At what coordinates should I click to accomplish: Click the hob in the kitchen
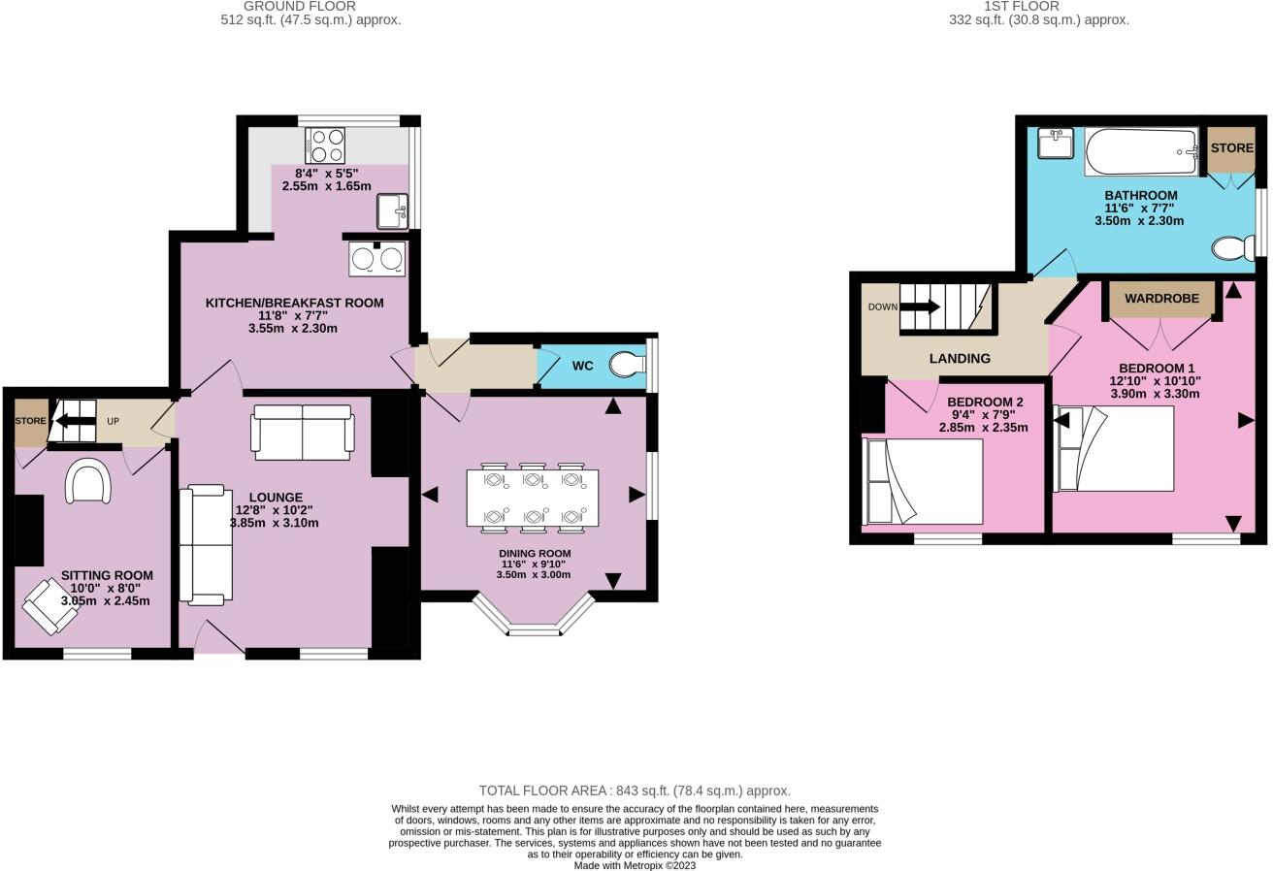tap(325, 145)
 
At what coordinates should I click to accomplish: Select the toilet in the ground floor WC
tap(626, 365)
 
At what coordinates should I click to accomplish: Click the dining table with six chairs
tap(532, 498)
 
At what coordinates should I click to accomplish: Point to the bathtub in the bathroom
tap(1141, 152)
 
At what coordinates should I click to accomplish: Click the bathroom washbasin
tap(1055, 144)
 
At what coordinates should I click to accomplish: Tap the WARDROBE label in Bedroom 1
tap(1161, 299)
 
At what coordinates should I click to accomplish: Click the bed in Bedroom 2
tap(923, 481)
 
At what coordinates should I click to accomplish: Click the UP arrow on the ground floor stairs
tap(74, 421)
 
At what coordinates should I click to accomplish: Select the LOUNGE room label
tap(275, 498)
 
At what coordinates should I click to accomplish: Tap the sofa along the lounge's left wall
tap(206, 545)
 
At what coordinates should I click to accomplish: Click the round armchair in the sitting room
tap(88, 481)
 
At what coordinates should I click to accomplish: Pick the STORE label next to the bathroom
tap(1231, 148)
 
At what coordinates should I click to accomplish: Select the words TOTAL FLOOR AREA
tap(544, 790)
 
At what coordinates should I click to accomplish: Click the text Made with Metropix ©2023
tap(635, 865)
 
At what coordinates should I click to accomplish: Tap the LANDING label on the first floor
tap(960, 358)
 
